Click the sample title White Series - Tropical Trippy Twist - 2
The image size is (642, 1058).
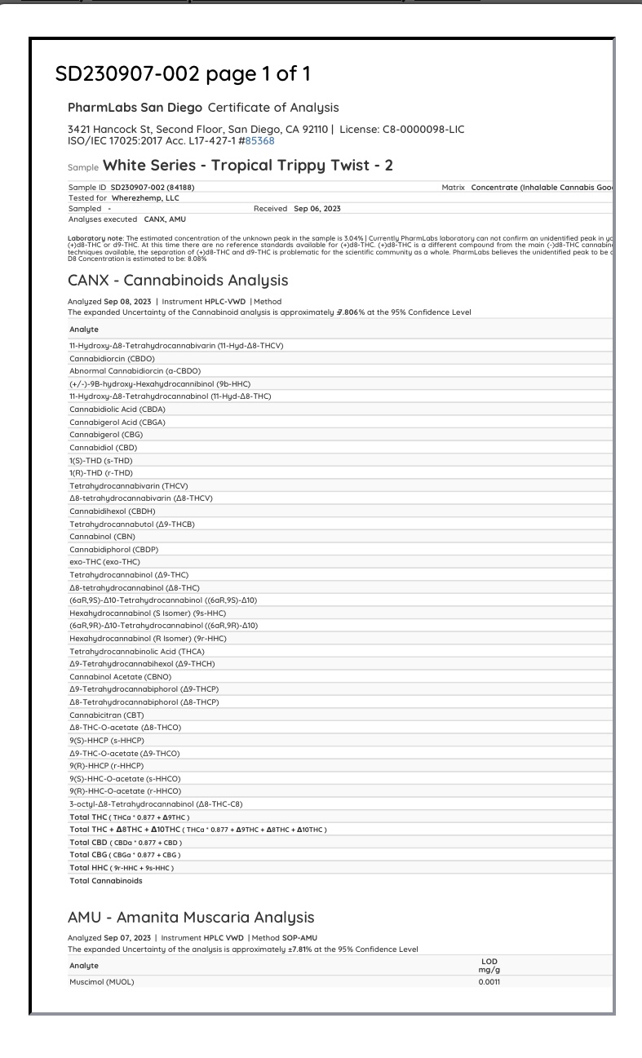(x=248, y=166)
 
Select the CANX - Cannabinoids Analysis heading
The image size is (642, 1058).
(x=178, y=281)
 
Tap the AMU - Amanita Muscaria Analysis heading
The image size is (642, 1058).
(x=191, y=918)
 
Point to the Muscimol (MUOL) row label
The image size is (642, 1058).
(x=102, y=981)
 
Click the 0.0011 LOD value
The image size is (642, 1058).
(x=489, y=981)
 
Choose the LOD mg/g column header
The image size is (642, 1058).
(x=489, y=965)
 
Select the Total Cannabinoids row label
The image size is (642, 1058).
(x=106, y=880)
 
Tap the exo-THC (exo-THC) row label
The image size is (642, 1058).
(x=104, y=562)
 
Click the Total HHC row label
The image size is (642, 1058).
(x=122, y=867)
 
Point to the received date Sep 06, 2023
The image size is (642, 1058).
(x=317, y=209)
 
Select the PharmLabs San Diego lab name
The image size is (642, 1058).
(x=135, y=108)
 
